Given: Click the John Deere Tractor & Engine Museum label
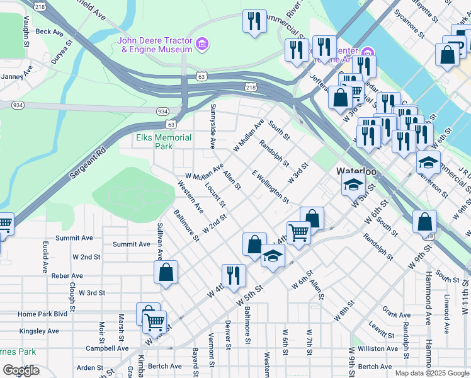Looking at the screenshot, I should point(154,45).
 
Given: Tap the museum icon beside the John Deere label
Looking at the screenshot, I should point(202,44).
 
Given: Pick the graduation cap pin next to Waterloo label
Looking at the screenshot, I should point(354,185).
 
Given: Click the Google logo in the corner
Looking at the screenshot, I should point(21,370).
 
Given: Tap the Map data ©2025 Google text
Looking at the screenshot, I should point(432,373).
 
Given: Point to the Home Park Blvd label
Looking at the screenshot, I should point(42,314).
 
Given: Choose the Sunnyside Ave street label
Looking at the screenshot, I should point(213,126).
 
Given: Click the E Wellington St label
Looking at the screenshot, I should point(270,186).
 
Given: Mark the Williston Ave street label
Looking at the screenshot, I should point(378,348).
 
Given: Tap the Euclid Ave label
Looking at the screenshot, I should point(45,256).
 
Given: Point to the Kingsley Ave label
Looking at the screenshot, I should point(39,331).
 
